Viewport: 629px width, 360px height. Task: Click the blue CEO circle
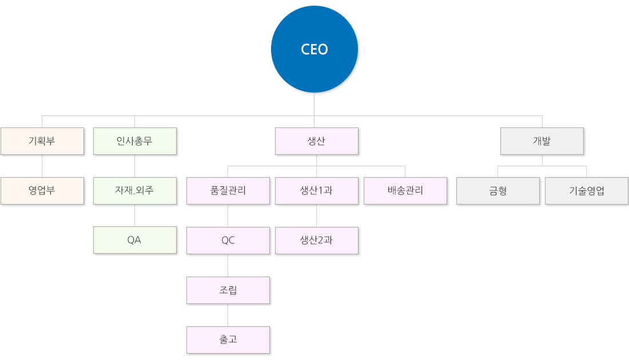pos(314,49)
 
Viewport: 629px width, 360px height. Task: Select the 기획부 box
pos(42,141)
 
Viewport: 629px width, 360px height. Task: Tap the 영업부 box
pos(42,191)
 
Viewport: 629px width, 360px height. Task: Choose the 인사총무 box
pos(134,141)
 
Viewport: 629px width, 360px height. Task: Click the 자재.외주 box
pos(134,191)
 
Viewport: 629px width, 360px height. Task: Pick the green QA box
pos(134,240)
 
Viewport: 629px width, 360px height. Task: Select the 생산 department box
pos(316,141)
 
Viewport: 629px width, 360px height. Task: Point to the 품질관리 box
pos(228,191)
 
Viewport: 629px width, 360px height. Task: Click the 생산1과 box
pos(316,191)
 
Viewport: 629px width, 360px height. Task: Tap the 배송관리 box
pos(405,191)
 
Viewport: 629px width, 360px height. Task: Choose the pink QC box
pos(228,241)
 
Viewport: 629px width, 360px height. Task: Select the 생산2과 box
pos(316,241)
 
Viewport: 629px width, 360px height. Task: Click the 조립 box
pos(228,290)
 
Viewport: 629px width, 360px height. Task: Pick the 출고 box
pos(228,340)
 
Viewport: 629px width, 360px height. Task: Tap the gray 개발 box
pos(542,141)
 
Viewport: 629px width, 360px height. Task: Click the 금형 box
pos(497,191)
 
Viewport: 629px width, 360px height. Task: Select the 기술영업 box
pos(586,191)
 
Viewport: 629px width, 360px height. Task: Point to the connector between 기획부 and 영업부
pos(42,166)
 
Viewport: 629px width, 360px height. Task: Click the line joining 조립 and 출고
pos(228,315)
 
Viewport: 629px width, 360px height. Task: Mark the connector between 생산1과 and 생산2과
pos(316,215)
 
